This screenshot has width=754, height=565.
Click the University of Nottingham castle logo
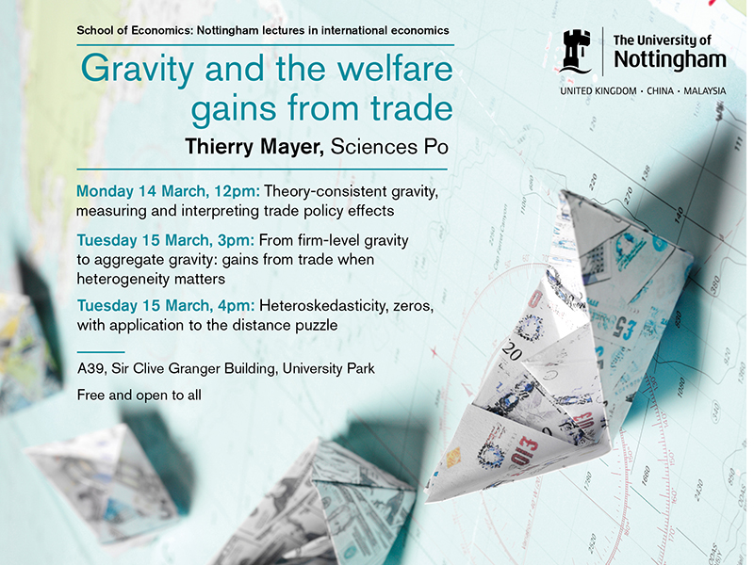(x=576, y=51)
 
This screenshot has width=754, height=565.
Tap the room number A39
(x=92, y=368)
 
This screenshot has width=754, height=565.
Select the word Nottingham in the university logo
(x=669, y=59)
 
